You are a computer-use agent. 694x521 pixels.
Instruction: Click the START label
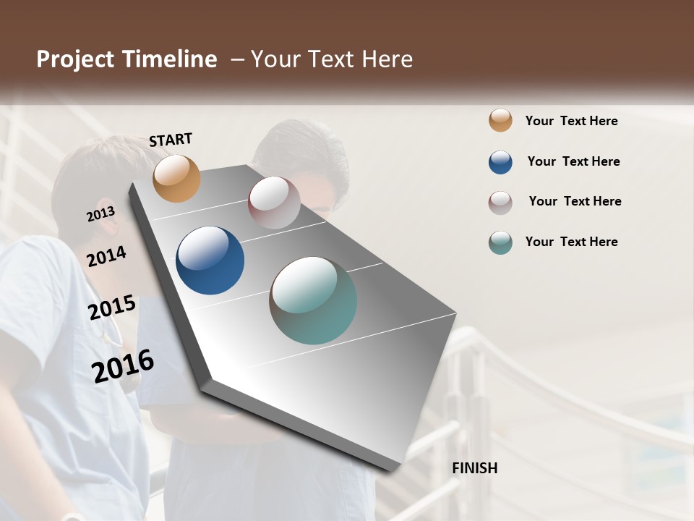(x=171, y=140)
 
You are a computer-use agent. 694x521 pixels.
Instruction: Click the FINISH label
(x=474, y=468)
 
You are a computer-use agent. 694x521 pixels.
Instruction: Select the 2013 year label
(x=100, y=214)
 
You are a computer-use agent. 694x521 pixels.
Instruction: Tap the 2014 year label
(x=106, y=256)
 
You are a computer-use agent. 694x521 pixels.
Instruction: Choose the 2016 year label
(x=123, y=365)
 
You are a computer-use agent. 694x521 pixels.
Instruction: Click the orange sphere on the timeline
(x=176, y=178)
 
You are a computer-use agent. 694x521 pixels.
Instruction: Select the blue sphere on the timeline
(x=210, y=260)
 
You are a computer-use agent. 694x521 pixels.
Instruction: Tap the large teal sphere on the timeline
(x=313, y=300)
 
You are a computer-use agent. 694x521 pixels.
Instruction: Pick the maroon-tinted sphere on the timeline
(x=274, y=203)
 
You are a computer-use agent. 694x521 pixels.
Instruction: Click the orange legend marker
(x=500, y=121)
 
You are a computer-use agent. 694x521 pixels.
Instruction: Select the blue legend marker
(x=500, y=162)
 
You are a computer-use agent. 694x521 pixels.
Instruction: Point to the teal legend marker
(x=500, y=242)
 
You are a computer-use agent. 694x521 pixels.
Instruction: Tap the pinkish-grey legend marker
(x=500, y=202)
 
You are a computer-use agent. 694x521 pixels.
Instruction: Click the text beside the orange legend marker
(x=571, y=121)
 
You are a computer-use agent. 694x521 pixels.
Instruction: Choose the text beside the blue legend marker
(x=573, y=161)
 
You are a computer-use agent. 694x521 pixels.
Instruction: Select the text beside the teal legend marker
(x=571, y=242)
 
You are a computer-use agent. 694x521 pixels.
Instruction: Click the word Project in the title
(x=76, y=59)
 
